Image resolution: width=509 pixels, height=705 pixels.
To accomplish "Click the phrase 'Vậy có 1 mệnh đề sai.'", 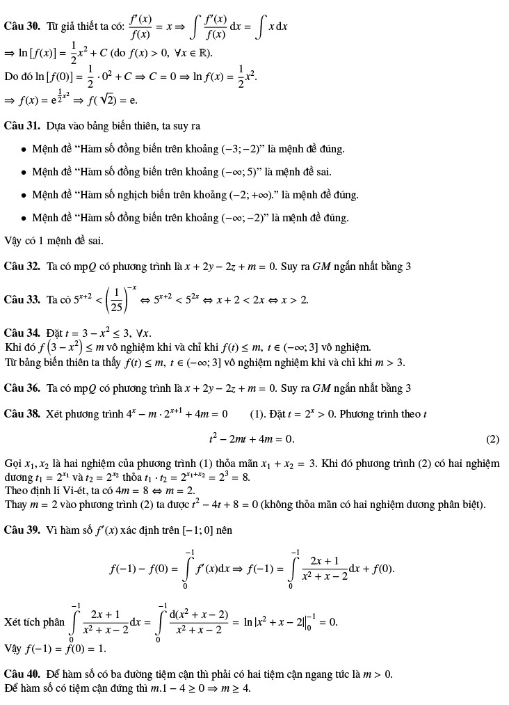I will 54,241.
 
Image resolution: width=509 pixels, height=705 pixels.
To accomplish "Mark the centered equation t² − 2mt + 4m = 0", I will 251,439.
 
